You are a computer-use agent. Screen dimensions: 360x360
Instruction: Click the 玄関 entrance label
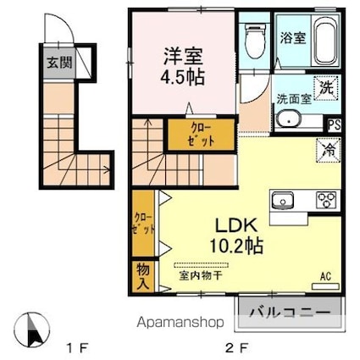[x=53, y=63]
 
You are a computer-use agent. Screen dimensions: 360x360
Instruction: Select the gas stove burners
[x=326, y=200]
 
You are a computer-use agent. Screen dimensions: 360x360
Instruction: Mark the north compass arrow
[x=34, y=326]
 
